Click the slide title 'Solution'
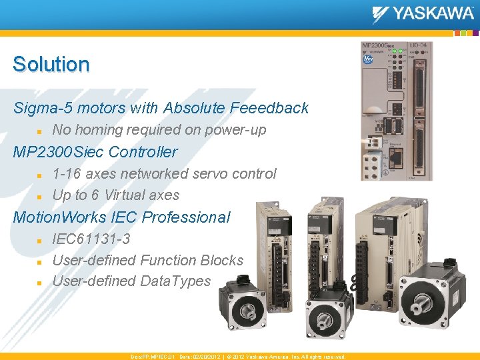(51, 65)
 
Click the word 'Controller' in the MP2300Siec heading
(143, 152)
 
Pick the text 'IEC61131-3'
(91, 239)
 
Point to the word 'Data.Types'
(175, 281)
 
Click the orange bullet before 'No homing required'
(39, 131)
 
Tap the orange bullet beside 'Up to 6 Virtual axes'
(39, 196)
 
